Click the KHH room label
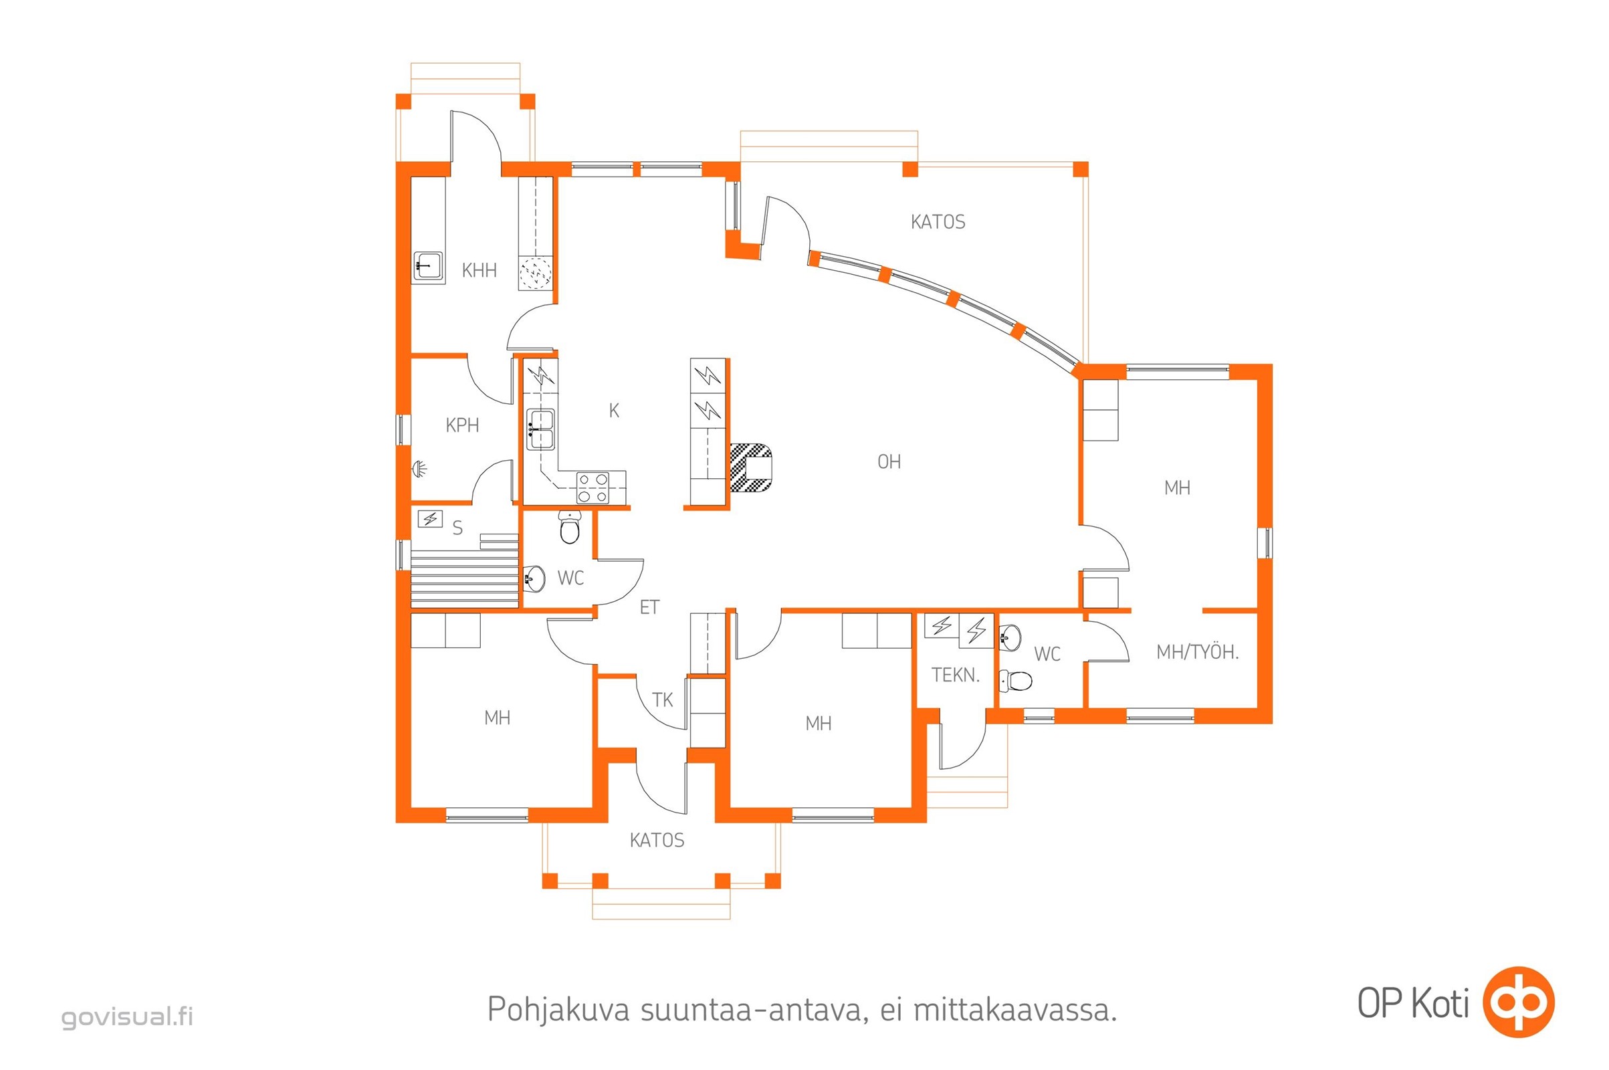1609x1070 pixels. pyautogui.click(x=478, y=271)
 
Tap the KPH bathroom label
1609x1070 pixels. pyautogui.click(x=462, y=426)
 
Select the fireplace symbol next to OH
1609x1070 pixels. pyautogui.click(x=750, y=467)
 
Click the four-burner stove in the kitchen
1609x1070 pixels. pyautogui.click(x=593, y=488)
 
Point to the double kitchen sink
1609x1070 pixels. pyautogui.click(x=540, y=429)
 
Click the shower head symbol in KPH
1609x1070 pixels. pyautogui.click(x=419, y=469)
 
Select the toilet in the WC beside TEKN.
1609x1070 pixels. pyautogui.click(x=1016, y=680)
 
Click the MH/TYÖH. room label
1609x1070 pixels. pyautogui.click(x=1197, y=653)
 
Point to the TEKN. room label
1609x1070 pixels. pyautogui.click(x=954, y=675)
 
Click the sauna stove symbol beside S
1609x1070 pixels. pyautogui.click(x=430, y=520)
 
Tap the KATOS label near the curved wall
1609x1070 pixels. pyautogui.click(x=938, y=223)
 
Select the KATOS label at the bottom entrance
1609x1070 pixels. pyautogui.click(x=657, y=840)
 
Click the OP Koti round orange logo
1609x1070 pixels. pyautogui.click(x=1518, y=1002)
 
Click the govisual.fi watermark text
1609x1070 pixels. pyautogui.click(x=128, y=1016)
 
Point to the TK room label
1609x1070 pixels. pyautogui.click(x=662, y=700)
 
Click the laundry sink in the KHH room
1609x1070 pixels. pyautogui.click(x=427, y=265)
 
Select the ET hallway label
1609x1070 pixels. pyautogui.click(x=649, y=607)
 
